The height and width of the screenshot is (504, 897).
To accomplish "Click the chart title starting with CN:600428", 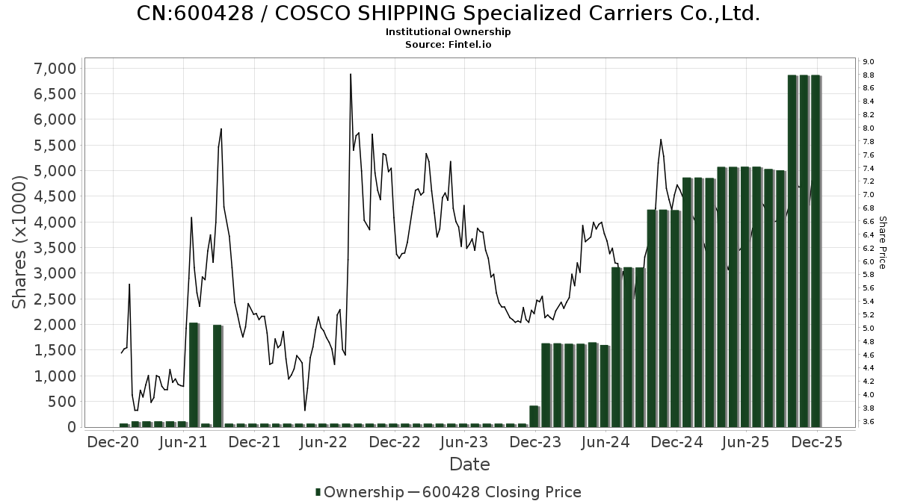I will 449,13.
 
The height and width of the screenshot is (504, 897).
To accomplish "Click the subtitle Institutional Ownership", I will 449,32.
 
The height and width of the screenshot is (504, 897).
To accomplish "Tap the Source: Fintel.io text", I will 449,45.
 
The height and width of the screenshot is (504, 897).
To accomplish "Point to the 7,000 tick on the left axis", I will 56,69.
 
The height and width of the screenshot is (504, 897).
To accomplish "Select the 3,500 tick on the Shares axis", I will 56,248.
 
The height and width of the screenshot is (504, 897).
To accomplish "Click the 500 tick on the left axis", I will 62,402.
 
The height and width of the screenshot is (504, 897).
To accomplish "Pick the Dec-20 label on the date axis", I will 113,442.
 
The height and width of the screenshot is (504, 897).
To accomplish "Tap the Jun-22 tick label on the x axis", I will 324,442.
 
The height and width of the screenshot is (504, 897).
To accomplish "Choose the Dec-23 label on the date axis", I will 535,442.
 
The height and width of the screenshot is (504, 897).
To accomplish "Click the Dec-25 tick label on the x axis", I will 817,442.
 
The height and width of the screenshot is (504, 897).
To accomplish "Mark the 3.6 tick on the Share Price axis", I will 869,422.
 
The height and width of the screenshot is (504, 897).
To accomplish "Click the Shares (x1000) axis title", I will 21,246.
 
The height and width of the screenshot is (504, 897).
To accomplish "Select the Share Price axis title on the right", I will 882,243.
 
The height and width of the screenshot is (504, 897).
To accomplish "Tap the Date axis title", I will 469,464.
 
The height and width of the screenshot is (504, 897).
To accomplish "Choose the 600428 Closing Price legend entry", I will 501,492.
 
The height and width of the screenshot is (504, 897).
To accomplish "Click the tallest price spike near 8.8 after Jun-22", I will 351,75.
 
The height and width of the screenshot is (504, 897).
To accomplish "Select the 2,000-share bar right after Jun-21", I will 194,375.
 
